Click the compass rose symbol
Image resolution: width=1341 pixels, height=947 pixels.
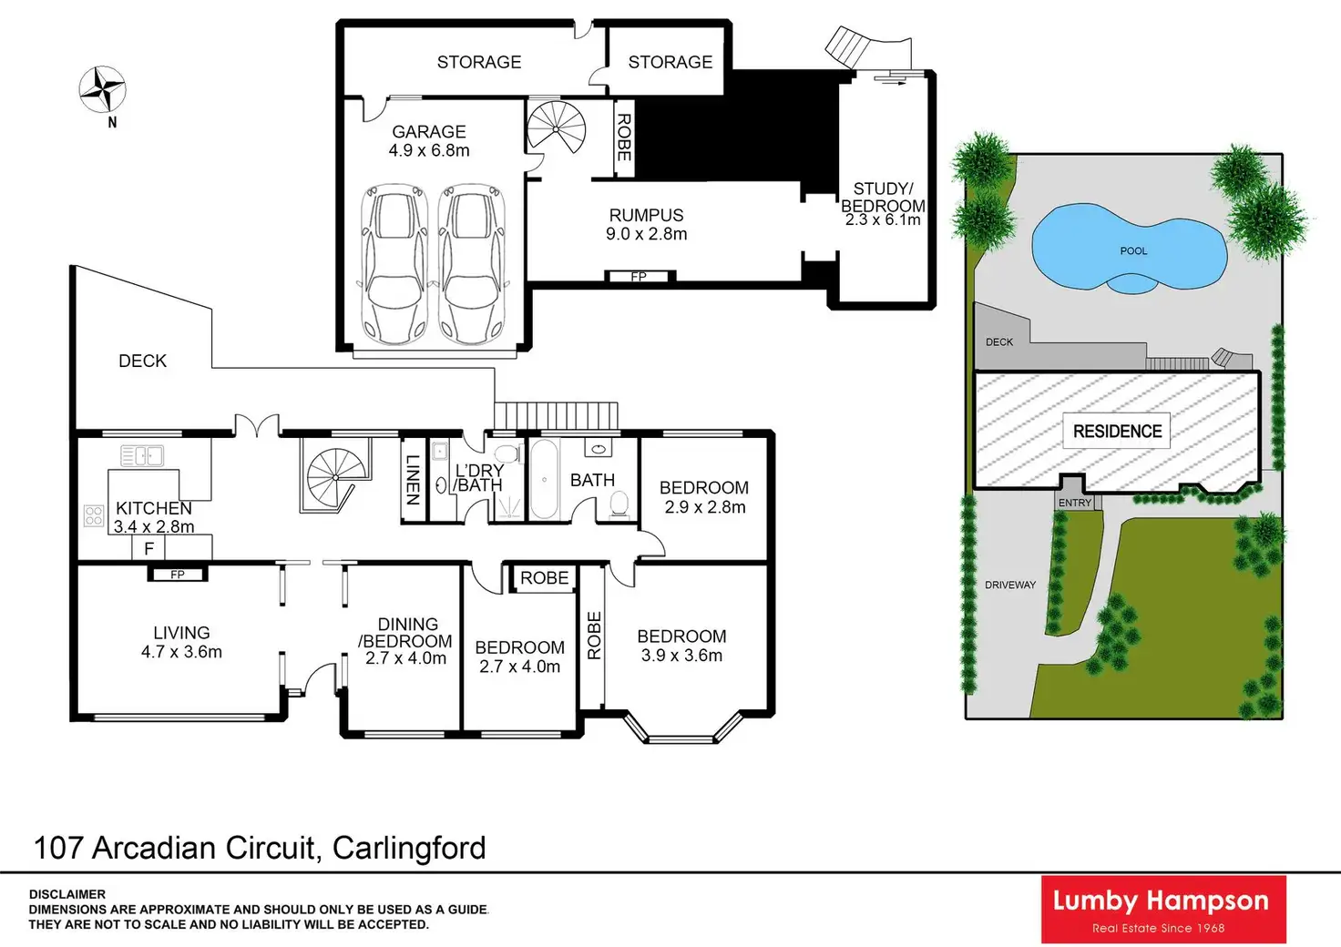101,89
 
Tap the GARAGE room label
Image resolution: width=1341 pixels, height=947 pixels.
429,132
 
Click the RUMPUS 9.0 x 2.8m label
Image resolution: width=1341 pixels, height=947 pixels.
647,224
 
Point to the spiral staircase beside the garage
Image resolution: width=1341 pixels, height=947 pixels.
557,127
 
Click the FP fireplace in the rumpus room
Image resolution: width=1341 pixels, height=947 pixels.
640,276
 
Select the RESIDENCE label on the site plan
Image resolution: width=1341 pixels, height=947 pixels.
1117,432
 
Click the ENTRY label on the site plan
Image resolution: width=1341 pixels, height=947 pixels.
1075,503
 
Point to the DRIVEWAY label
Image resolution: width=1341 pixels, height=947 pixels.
1010,585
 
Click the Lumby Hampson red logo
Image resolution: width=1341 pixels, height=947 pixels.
1162,909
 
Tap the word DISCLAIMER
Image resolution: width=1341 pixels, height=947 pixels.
67,894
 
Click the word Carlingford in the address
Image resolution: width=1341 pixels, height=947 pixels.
409,848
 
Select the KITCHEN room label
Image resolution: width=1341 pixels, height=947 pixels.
154,508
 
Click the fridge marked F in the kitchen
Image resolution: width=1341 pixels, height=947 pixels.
149,547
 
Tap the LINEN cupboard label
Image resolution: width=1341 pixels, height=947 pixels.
413,480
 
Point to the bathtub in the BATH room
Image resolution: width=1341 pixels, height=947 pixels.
544,480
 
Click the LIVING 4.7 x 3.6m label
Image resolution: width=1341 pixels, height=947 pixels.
181,642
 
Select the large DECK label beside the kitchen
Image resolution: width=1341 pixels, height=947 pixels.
143,361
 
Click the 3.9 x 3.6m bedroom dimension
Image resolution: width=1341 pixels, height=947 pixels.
681,656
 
